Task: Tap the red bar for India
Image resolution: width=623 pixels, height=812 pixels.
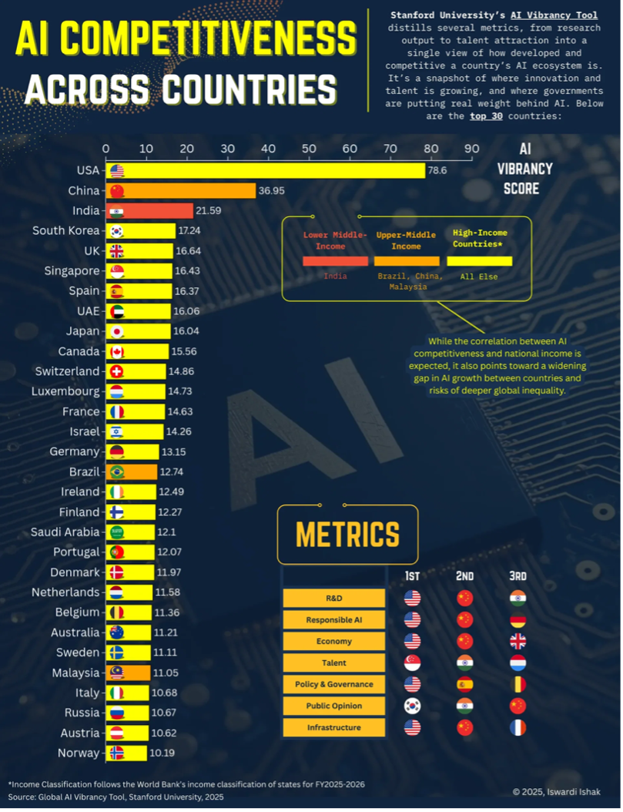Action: [x=150, y=210]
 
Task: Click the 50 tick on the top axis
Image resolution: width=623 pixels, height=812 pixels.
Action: [x=309, y=149]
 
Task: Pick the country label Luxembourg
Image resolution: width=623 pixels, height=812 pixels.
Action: [x=65, y=391]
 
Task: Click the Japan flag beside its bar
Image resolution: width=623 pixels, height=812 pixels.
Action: [x=117, y=331]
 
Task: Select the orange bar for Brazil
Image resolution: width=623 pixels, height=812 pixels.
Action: [x=132, y=471]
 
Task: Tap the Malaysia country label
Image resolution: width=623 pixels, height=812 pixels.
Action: [x=75, y=673]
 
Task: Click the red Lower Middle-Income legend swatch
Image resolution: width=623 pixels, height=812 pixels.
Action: [x=335, y=261]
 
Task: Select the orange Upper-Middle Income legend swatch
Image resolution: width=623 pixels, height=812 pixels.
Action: [x=407, y=261]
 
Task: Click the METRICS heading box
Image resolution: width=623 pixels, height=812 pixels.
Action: [x=347, y=534]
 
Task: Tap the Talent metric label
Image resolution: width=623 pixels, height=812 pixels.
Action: [x=333, y=663]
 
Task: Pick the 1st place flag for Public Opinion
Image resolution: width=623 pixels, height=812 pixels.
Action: [x=413, y=706]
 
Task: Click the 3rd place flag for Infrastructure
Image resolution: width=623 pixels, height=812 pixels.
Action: [x=517, y=727]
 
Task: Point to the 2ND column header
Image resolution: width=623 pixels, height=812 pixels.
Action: [x=464, y=576]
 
